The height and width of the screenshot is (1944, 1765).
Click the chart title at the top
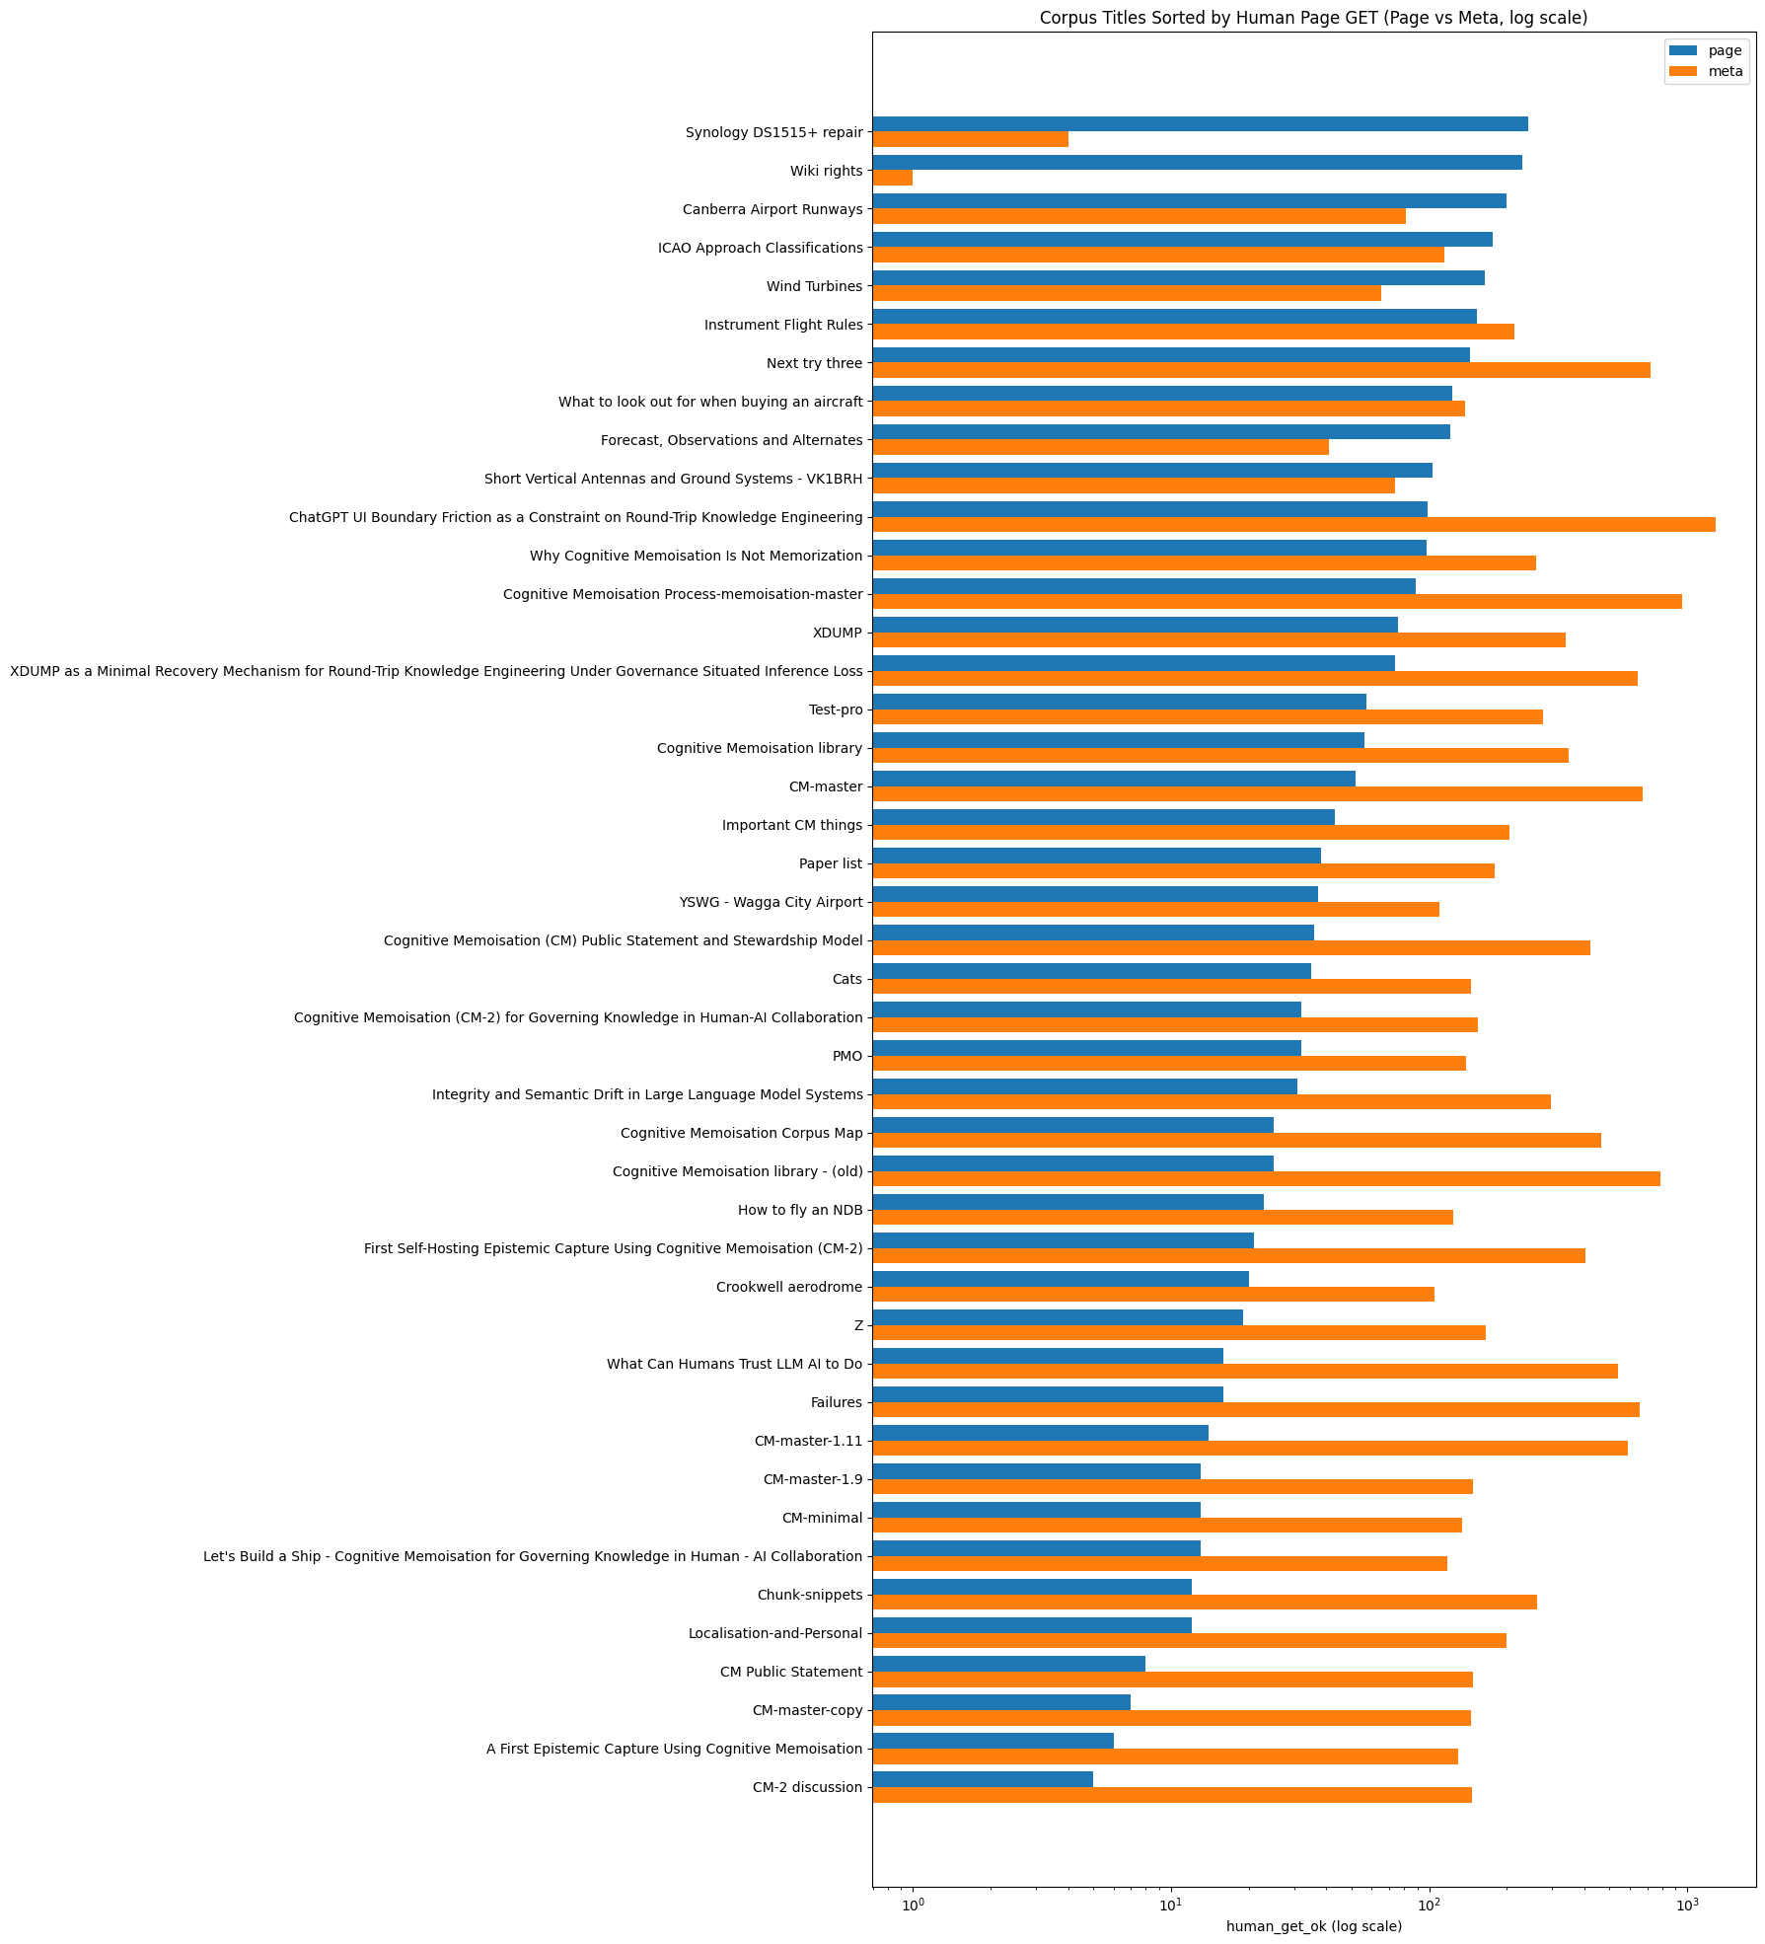pos(1313,18)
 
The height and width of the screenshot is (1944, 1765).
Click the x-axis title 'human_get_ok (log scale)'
pos(1313,1925)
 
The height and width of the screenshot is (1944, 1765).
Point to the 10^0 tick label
pos(913,1900)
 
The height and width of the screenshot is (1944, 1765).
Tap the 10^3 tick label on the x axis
pos(1687,1900)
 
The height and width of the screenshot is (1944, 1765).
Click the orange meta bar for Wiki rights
pos(893,179)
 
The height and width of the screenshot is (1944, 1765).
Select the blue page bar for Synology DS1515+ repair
pos(1200,124)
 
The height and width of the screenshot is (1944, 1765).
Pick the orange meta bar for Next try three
pos(1261,371)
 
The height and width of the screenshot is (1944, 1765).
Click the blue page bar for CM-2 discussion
pos(983,1779)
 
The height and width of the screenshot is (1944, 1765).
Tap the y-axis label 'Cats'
pos(847,979)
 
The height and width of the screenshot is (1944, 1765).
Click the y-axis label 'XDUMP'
pos(838,633)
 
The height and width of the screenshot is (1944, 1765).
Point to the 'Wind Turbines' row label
pos(814,286)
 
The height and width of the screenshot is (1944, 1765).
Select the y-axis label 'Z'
pos(858,1325)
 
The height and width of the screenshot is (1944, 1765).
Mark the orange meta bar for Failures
pos(1256,1410)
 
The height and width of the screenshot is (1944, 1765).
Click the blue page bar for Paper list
pos(1096,856)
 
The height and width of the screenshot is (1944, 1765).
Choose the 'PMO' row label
pos(847,1056)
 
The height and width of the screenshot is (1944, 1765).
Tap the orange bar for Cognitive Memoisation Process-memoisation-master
pos(1277,602)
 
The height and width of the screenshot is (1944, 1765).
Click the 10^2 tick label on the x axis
pos(1429,1900)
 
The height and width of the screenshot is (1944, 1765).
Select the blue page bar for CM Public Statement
pos(1008,1664)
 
